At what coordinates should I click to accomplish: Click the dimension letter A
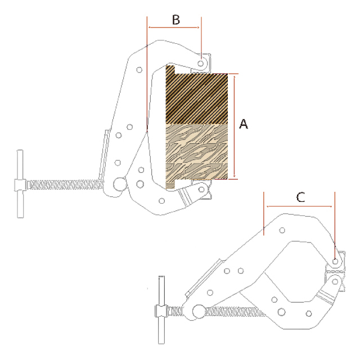point(244,124)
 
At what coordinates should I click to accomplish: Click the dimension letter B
point(176,20)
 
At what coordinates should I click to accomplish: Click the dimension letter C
point(300,197)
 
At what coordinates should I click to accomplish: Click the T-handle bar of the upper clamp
point(20,184)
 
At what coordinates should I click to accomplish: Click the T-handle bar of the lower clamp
point(161,310)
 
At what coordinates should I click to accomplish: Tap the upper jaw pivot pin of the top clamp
point(201,63)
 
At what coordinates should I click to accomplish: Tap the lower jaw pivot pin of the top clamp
point(201,190)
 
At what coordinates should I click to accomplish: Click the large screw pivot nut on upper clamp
point(119,184)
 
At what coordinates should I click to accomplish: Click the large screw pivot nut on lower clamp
point(199,312)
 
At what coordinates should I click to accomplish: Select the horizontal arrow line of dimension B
point(174,28)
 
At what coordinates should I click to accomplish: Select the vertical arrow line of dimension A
point(235,127)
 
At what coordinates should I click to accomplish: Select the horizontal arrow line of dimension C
point(299,206)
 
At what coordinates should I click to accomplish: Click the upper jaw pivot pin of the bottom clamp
point(335,262)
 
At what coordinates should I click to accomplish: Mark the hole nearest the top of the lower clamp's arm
point(282,230)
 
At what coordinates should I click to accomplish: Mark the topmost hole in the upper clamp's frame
point(139,70)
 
